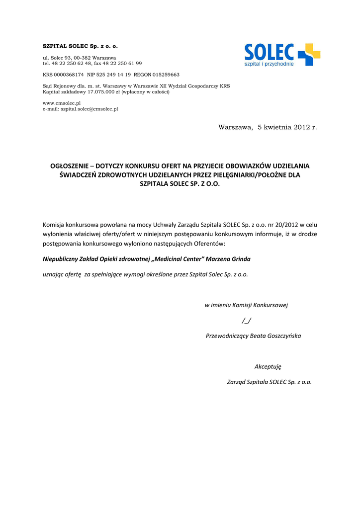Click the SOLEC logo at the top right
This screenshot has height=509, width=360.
click(x=282, y=55)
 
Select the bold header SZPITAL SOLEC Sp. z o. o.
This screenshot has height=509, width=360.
click(x=80, y=46)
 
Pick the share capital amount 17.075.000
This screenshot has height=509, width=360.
click(x=101, y=92)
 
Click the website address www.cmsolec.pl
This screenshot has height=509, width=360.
click(x=62, y=103)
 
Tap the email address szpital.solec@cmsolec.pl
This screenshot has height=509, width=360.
click(x=89, y=109)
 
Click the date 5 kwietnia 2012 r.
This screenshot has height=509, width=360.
click(x=287, y=128)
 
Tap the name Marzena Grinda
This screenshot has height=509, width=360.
click(x=228, y=259)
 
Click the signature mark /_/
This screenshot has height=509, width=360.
click(x=246, y=320)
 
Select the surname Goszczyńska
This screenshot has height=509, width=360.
click(x=284, y=336)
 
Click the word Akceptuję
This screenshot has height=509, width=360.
click(x=268, y=366)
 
